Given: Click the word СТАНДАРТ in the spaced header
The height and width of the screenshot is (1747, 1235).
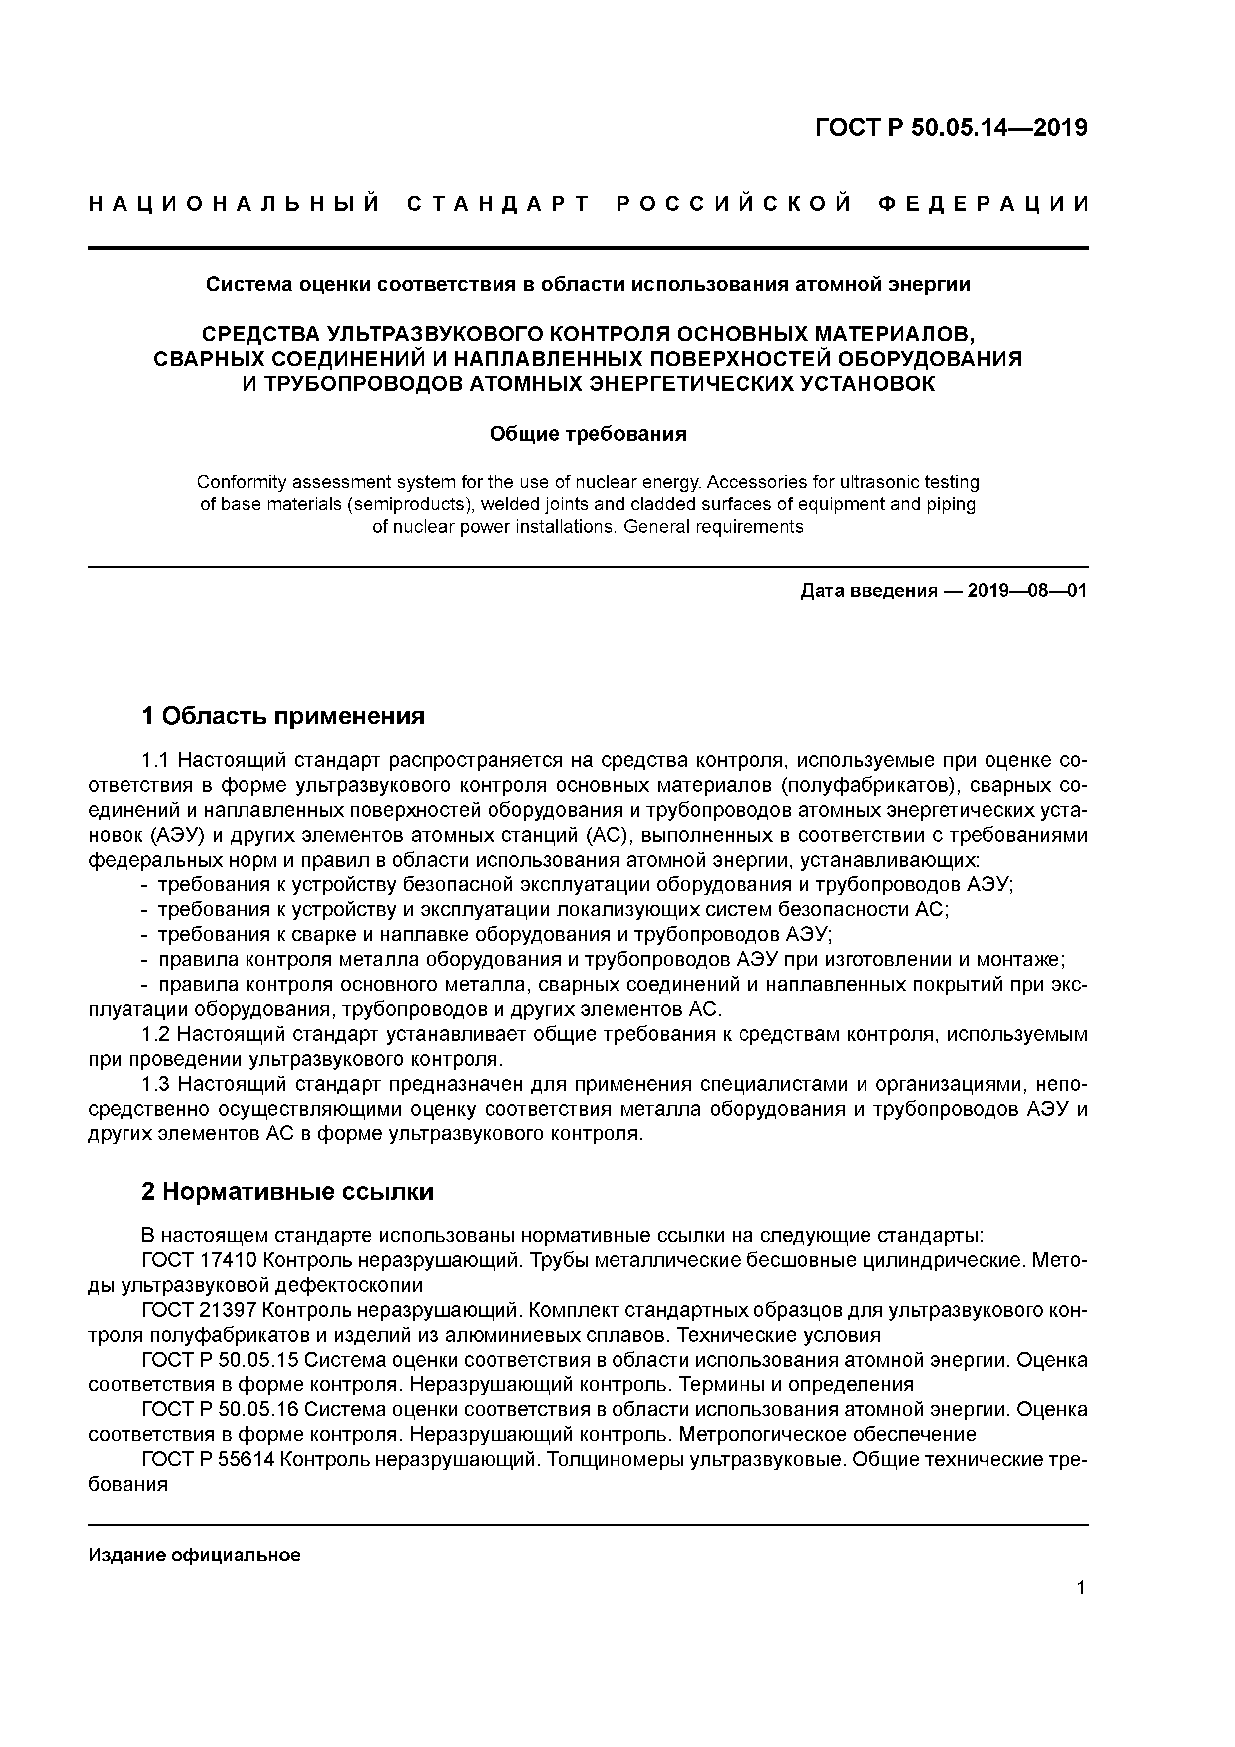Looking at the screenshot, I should pyautogui.click(x=498, y=204).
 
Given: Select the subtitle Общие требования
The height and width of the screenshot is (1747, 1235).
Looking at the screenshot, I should pyautogui.click(x=588, y=434).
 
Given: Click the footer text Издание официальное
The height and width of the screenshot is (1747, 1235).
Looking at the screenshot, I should pyautogui.click(x=194, y=1555).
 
